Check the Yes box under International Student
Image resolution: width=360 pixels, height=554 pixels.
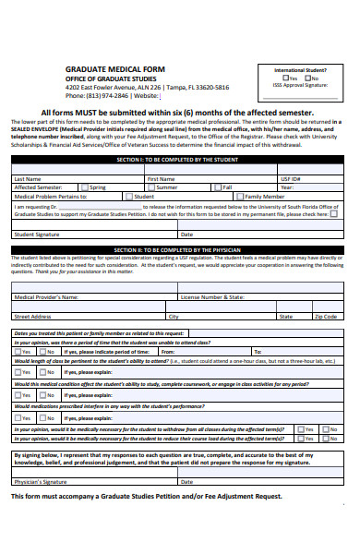[285, 78]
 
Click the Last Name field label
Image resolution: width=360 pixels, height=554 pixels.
[27, 179]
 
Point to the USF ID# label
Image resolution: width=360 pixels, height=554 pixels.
[291, 179]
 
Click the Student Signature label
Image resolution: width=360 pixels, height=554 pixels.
[36, 235]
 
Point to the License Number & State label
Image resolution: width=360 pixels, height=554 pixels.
[212, 298]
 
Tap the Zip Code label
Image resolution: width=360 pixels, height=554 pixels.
[326, 317]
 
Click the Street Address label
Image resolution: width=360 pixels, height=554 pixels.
[32, 317]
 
